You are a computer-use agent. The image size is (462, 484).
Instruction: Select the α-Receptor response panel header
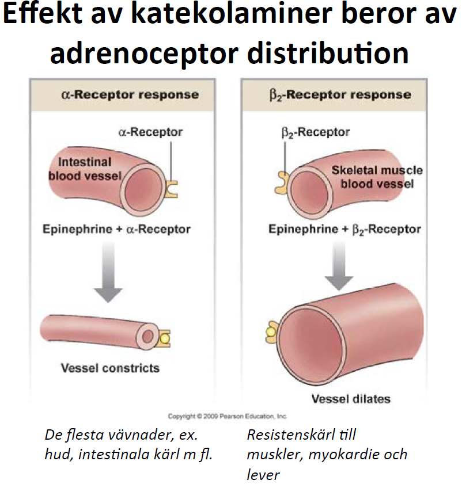pyautogui.click(x=130, y=94)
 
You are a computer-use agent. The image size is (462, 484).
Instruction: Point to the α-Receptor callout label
pyautogui.click(x=150, y=132)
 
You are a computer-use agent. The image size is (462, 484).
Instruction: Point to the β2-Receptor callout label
pyautogui.click(x=318, y=132)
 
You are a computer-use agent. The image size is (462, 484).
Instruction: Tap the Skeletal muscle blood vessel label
pyautogui.click(x=377, y=177)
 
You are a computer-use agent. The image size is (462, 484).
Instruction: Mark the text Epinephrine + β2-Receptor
pyautogui.click(x=344, y=229)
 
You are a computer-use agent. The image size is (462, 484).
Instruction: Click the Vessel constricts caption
pyautogui.click(x=110, y=367)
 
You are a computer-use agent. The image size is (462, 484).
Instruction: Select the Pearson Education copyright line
pyautogui.click(x=227, y=416)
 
